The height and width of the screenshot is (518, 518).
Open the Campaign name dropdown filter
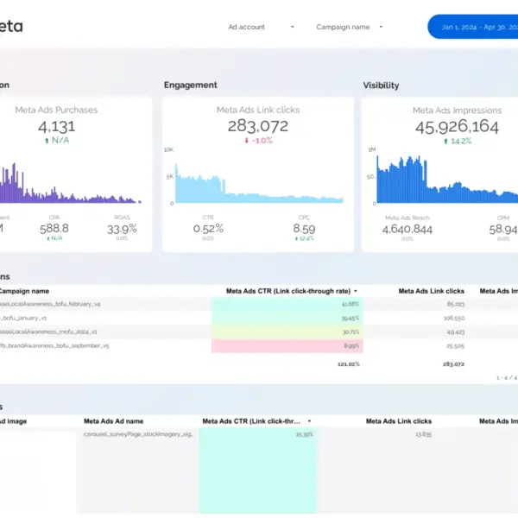pyautogui.click(x=349, y=27)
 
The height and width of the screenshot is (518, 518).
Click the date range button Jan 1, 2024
pyautogui.click(x=477, y=27)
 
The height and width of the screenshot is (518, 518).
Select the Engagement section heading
pyautogui.click(x=191, y=85)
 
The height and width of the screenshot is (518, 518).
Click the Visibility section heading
pyautogui.click(x=381, y=85)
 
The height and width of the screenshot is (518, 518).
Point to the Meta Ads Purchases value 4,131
pyautogui.click(x=57, y=126)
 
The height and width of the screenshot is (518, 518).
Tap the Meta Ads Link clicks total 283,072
pyautogui.click(x=258, y=126)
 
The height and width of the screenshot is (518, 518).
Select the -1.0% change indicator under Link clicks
pyautogui.click(x=258, y=141)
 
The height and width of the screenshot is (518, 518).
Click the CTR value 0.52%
pyautogui.click(x=208, y=228)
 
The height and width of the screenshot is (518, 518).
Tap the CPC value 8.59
pyautogui.click(x=304, y=228)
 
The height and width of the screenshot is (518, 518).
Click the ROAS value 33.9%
pyautogui.click(x=123, y=228)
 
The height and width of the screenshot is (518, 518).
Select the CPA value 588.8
pyautogui.click(x=54, y=228)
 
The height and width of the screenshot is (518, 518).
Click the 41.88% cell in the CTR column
pyautogui.click(x=287, y=304)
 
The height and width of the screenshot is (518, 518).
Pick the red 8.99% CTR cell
pyautogui.click(x=287, y=345)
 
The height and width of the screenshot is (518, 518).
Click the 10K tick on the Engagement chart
pyautogui.click(x=169, y=149)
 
